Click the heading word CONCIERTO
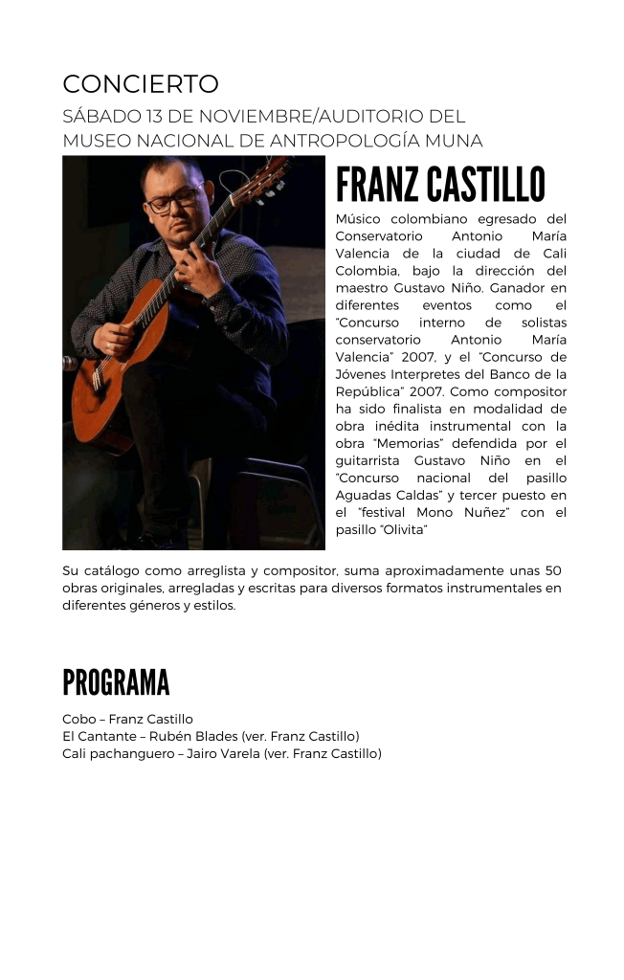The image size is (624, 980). coord(141,84)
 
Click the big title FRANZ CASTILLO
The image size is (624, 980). coord(440,185)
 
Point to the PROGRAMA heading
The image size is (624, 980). coord(116,683)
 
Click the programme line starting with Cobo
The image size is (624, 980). coord(127,719)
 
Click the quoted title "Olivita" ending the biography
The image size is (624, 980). coord(404,529)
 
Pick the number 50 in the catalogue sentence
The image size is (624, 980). coord(551,570)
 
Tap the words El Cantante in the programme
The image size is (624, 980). coord(97,736)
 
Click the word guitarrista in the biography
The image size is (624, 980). coord(370,460)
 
